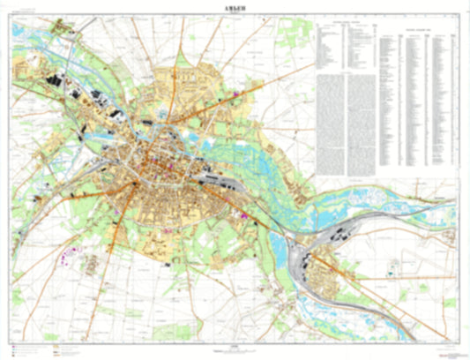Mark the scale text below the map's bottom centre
coord(235,349)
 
